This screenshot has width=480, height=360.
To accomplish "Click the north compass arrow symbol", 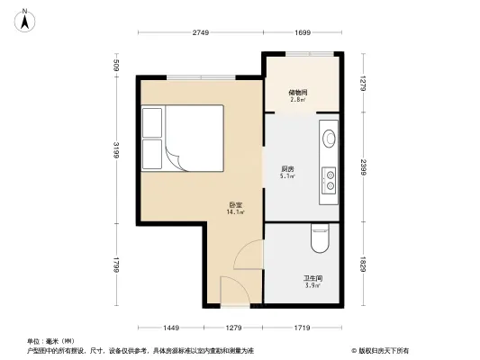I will (27, 15).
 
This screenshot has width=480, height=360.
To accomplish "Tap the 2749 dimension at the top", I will (200, 33).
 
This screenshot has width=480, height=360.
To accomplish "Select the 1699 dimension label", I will (302, 33).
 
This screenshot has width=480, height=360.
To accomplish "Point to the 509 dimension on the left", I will (116, 66).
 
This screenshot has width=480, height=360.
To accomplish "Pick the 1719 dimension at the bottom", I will (302, 327).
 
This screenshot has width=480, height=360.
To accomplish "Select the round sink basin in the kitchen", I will (330, 139).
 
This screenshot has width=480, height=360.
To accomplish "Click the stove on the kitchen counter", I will (330, 180).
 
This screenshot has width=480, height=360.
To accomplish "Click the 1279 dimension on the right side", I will (362, 84).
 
